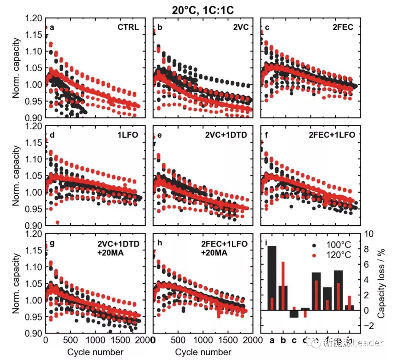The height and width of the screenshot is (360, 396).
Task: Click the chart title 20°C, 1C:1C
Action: (203, 10)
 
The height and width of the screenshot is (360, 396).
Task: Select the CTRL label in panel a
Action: (128, 27)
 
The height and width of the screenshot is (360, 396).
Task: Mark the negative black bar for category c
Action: (294, 314)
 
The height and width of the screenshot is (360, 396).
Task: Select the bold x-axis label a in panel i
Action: (272, 340)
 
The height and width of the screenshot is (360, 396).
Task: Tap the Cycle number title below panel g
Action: (95, 352)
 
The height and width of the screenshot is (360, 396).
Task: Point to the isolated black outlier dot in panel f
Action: (291, 206)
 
